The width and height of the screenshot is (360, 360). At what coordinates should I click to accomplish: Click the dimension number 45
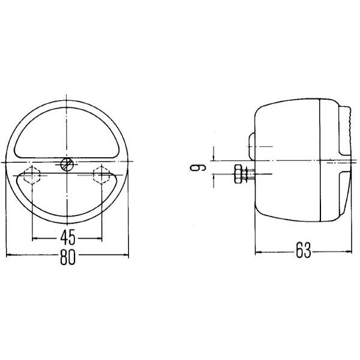[68, 238]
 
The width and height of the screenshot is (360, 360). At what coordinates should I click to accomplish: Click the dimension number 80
[68, 257]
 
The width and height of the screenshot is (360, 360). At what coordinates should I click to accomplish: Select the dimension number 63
[303, 250]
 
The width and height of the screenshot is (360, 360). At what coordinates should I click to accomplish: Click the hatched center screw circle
[67, 164]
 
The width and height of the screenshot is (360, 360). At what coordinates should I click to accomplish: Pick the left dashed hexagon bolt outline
[32, 175]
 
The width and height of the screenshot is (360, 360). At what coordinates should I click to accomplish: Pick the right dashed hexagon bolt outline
[101, 175]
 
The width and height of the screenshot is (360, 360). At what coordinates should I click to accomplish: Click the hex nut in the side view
[238, 174]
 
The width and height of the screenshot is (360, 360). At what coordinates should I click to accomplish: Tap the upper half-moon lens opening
[67, 133]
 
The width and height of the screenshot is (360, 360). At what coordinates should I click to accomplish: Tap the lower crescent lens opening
[67, 206]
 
